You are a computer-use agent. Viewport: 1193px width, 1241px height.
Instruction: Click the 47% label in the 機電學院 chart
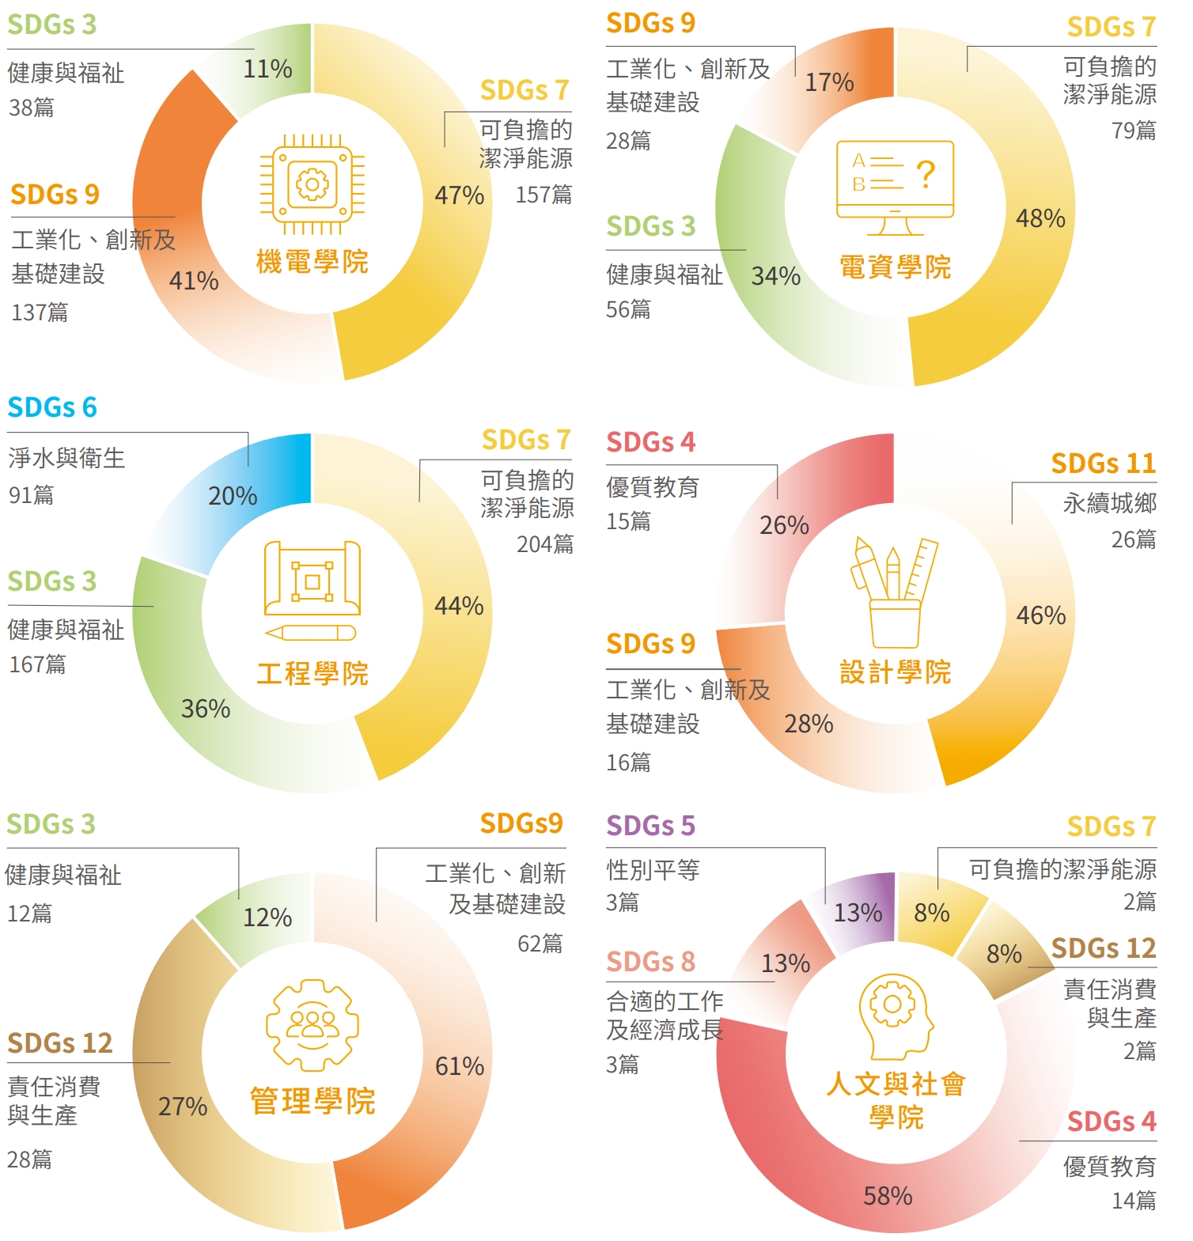459,195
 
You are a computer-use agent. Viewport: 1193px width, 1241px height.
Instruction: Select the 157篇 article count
543,195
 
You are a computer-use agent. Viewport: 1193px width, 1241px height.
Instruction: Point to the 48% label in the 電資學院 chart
1040,218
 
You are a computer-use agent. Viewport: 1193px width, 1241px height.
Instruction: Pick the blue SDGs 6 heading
52,407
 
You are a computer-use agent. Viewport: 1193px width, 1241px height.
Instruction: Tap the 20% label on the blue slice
233,496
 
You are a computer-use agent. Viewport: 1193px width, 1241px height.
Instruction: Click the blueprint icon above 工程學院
312,590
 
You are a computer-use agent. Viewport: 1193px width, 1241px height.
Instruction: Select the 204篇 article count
545,544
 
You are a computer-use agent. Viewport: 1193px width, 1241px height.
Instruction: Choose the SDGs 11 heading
1103,463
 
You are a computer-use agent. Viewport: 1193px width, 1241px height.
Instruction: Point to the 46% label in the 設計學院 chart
1040,615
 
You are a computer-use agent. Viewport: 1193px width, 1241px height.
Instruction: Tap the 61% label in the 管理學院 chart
460,1066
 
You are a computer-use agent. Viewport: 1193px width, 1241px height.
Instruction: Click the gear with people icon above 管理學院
312,1025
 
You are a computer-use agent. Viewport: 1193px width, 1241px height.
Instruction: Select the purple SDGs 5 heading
650,826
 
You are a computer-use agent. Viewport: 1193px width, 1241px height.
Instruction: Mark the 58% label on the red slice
888,1196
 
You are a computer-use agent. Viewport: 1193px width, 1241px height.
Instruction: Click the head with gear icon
895,1016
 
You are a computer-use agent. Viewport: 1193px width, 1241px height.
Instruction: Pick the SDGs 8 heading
650,962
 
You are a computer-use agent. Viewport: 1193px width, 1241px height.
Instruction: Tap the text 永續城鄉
1109,503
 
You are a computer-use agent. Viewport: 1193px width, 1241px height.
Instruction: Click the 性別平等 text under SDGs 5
653,870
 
